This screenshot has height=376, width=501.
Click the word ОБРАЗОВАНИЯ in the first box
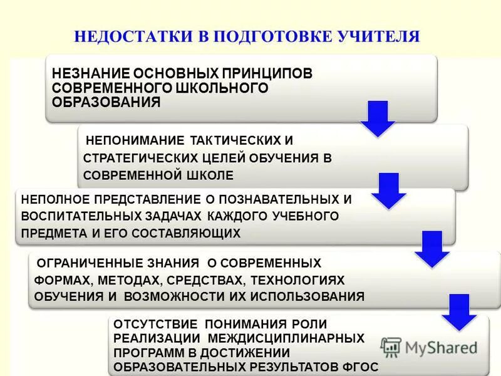coord(106,102)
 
